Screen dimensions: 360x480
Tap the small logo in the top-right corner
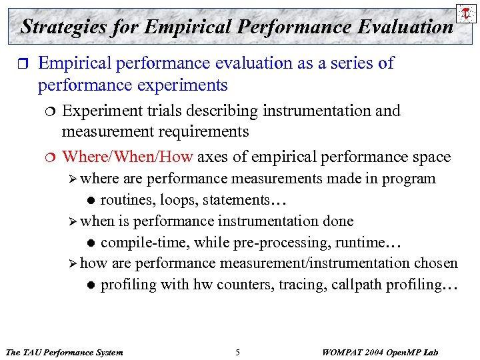pyautogui.click(x=465, y=13)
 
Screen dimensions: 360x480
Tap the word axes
pyautogui.click(x=213, y=157)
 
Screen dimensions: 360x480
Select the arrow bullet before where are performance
pyautogui.click(x=73, y=179)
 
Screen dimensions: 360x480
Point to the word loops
pyautogui.click(x=177, y=199)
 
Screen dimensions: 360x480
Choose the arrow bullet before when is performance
pyautogui.click(x=73, y=221)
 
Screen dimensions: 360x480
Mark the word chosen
pyautogui.click(x=436, y=263)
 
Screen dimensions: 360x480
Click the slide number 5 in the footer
pyautogui.click(x=238, y=352)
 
